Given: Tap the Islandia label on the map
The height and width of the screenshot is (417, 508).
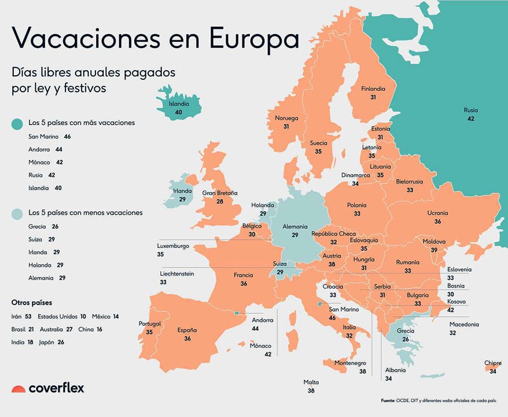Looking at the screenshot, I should [x=179, y=104].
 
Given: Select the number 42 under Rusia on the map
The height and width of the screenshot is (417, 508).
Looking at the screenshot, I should [x=470, y=118].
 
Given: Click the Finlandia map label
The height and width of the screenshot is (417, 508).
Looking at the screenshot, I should [x=373, y=89].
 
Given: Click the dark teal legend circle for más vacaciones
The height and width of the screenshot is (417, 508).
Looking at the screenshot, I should [x=17, y=123].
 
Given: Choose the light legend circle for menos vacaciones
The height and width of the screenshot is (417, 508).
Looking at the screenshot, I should [x=17, y=213].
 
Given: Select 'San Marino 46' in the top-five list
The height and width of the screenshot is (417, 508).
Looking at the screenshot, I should [x=49, y=137].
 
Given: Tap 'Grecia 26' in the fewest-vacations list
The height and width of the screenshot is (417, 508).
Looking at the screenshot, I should [x=43, y=226].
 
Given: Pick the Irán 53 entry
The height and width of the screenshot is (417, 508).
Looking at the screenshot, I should [x=21, y=317].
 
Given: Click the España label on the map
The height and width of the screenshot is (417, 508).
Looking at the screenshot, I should [x=187, y=330].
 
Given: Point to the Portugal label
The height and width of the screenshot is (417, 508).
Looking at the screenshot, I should [x=149, y=324].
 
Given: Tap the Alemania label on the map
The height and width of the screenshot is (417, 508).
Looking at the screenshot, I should [x=295, y=227].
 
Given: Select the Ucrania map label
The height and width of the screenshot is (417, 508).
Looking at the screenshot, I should [x=437, y=213].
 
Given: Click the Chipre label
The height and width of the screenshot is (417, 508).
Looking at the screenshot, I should [x=492, y=363].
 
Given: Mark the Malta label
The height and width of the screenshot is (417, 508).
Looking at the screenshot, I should [x=311, y=382].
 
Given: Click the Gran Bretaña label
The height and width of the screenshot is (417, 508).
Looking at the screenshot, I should [x=220, y=193].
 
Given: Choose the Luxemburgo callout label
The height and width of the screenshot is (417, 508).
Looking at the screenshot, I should [x=173, y=246].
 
